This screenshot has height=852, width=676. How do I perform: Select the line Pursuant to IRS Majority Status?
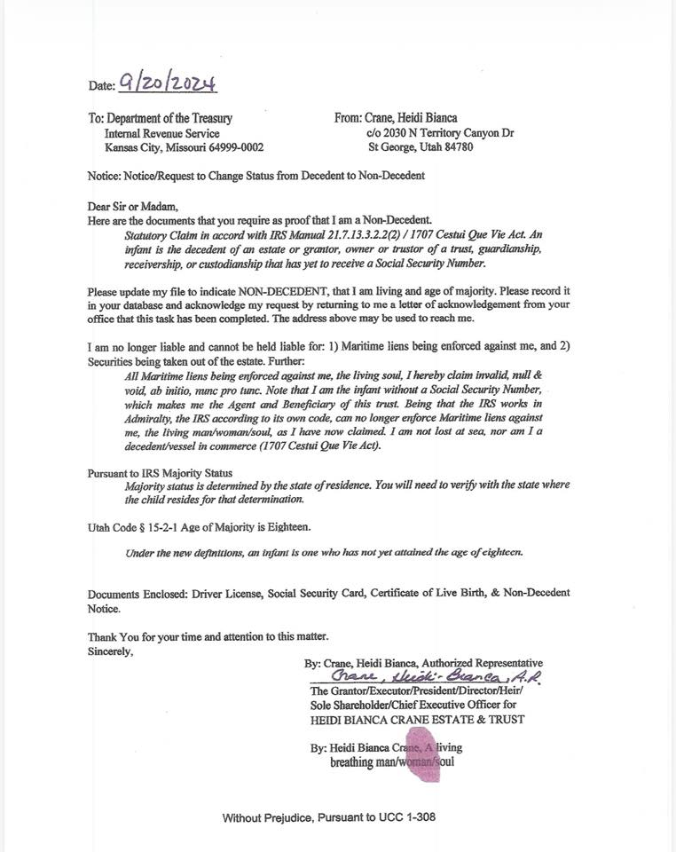(x=160, y=472)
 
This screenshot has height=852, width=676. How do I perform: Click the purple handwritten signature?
(x=435, y=677)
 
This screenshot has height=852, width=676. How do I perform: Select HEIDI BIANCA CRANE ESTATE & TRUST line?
(x=417, y=719)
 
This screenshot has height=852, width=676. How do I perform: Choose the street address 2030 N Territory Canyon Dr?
(x=447, y=133)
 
